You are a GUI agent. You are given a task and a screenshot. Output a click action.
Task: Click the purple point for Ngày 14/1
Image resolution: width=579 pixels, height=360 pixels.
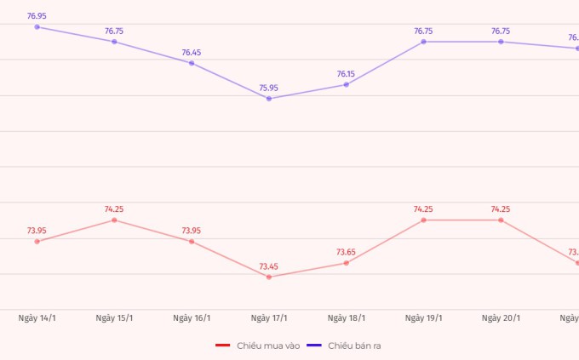37,26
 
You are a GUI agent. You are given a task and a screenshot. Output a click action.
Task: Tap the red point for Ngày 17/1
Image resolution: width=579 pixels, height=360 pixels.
269,277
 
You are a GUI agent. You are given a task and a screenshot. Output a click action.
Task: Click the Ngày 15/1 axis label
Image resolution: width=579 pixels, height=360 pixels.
114,318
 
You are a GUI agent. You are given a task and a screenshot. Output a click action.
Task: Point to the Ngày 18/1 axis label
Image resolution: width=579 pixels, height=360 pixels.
347,318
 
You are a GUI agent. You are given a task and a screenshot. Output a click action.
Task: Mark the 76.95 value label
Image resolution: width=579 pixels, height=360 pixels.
37,15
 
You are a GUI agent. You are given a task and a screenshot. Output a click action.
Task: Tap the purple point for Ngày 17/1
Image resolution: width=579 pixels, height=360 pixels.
269,99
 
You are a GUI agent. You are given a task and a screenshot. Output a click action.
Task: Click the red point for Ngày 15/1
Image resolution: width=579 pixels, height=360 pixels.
114,220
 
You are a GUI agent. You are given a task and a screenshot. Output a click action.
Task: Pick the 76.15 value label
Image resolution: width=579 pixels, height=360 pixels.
347,74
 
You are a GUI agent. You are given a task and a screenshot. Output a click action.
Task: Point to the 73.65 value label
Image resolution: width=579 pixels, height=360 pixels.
347,252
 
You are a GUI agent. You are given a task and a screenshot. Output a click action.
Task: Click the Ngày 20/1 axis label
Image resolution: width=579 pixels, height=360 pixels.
501,318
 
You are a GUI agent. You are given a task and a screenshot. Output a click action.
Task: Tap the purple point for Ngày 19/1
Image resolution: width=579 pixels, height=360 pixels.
423,42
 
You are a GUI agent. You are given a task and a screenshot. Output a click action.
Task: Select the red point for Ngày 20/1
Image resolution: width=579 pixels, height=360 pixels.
501,220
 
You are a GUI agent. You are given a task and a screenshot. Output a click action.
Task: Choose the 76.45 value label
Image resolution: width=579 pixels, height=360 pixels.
192,52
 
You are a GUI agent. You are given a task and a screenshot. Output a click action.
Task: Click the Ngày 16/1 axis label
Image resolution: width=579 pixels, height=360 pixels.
192,318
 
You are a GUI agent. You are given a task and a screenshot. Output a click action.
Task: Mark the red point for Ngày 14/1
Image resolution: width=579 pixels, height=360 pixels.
37,242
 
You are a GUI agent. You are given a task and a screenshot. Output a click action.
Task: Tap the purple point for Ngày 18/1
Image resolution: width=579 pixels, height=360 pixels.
347,84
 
